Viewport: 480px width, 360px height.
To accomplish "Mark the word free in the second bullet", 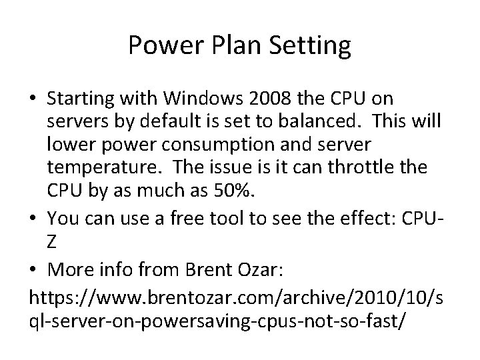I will (x=175, y=216).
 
